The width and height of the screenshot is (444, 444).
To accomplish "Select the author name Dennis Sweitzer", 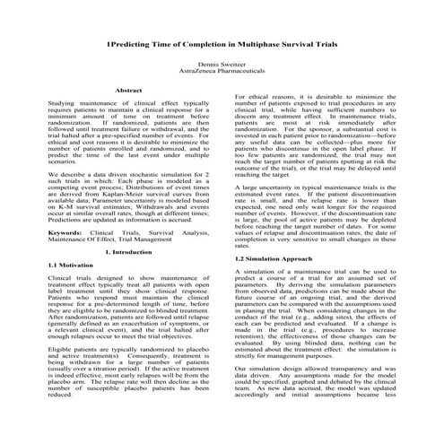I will click(222, 64).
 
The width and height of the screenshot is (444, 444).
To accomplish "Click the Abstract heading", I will click(129, 91).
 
